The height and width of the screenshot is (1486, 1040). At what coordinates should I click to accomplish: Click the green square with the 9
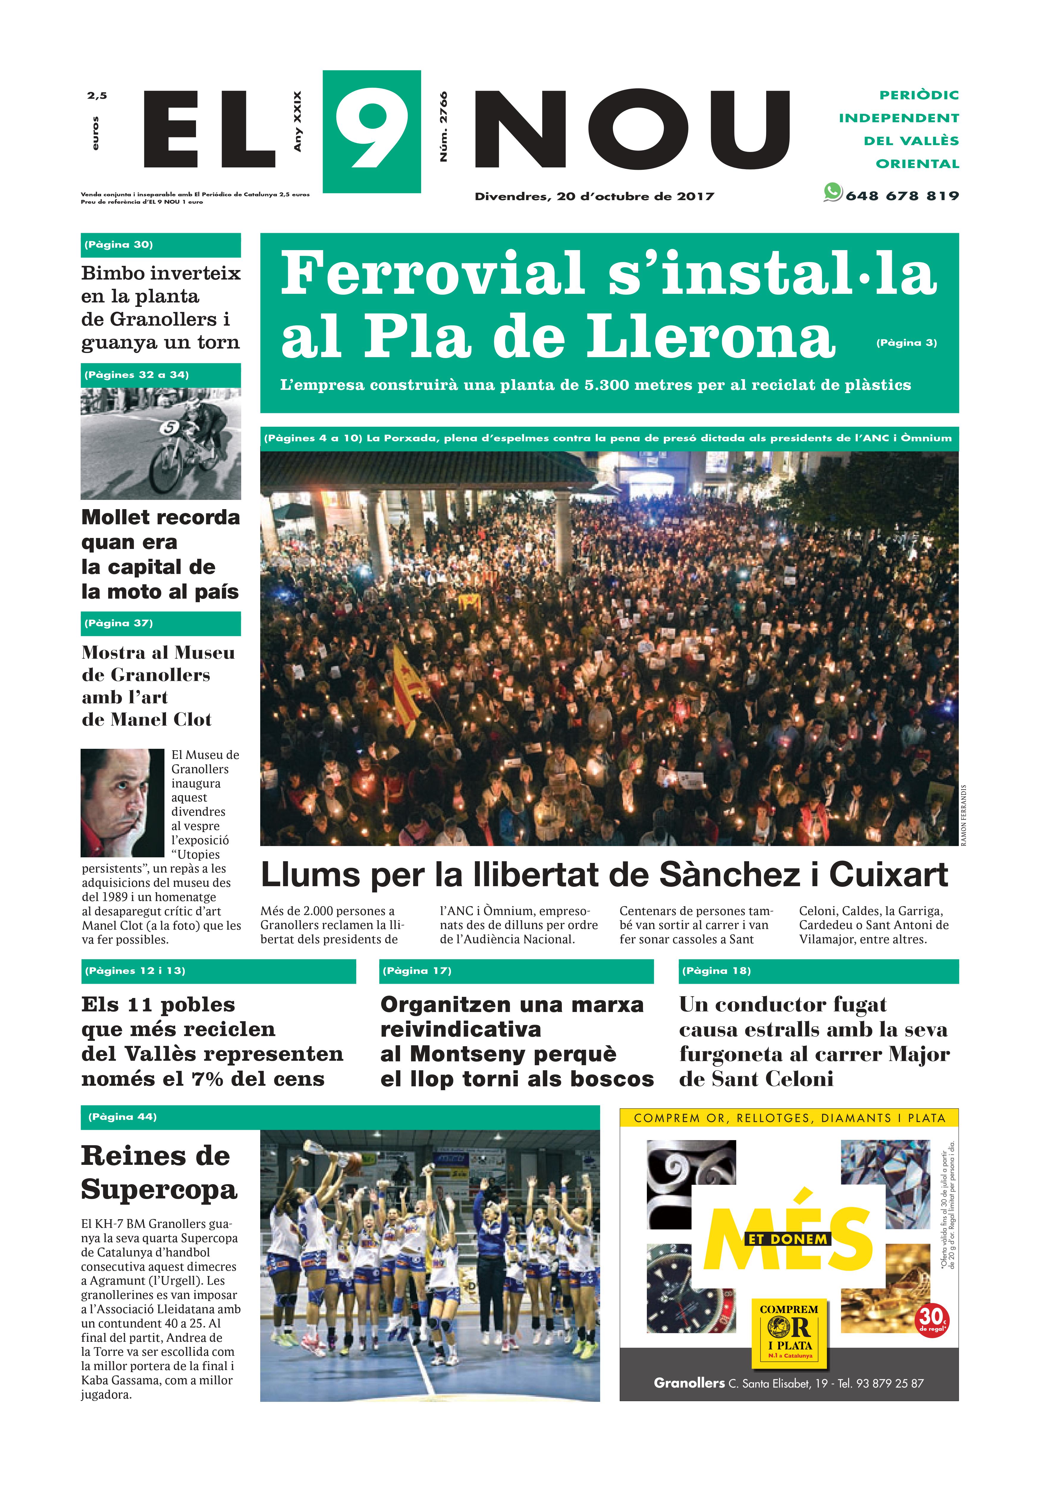(x=371, y=131)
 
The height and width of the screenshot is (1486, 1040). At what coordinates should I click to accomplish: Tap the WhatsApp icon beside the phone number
(x=832, y=192)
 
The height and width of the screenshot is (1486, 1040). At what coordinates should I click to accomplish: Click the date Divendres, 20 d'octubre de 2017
(x=594, y=196)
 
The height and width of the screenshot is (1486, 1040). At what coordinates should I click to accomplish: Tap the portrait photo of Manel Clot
(x=122, y=803)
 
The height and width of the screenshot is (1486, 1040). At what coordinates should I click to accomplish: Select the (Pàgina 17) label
(x=417, y=971)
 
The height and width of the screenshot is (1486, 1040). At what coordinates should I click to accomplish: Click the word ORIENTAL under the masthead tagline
(x=917, y=164)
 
